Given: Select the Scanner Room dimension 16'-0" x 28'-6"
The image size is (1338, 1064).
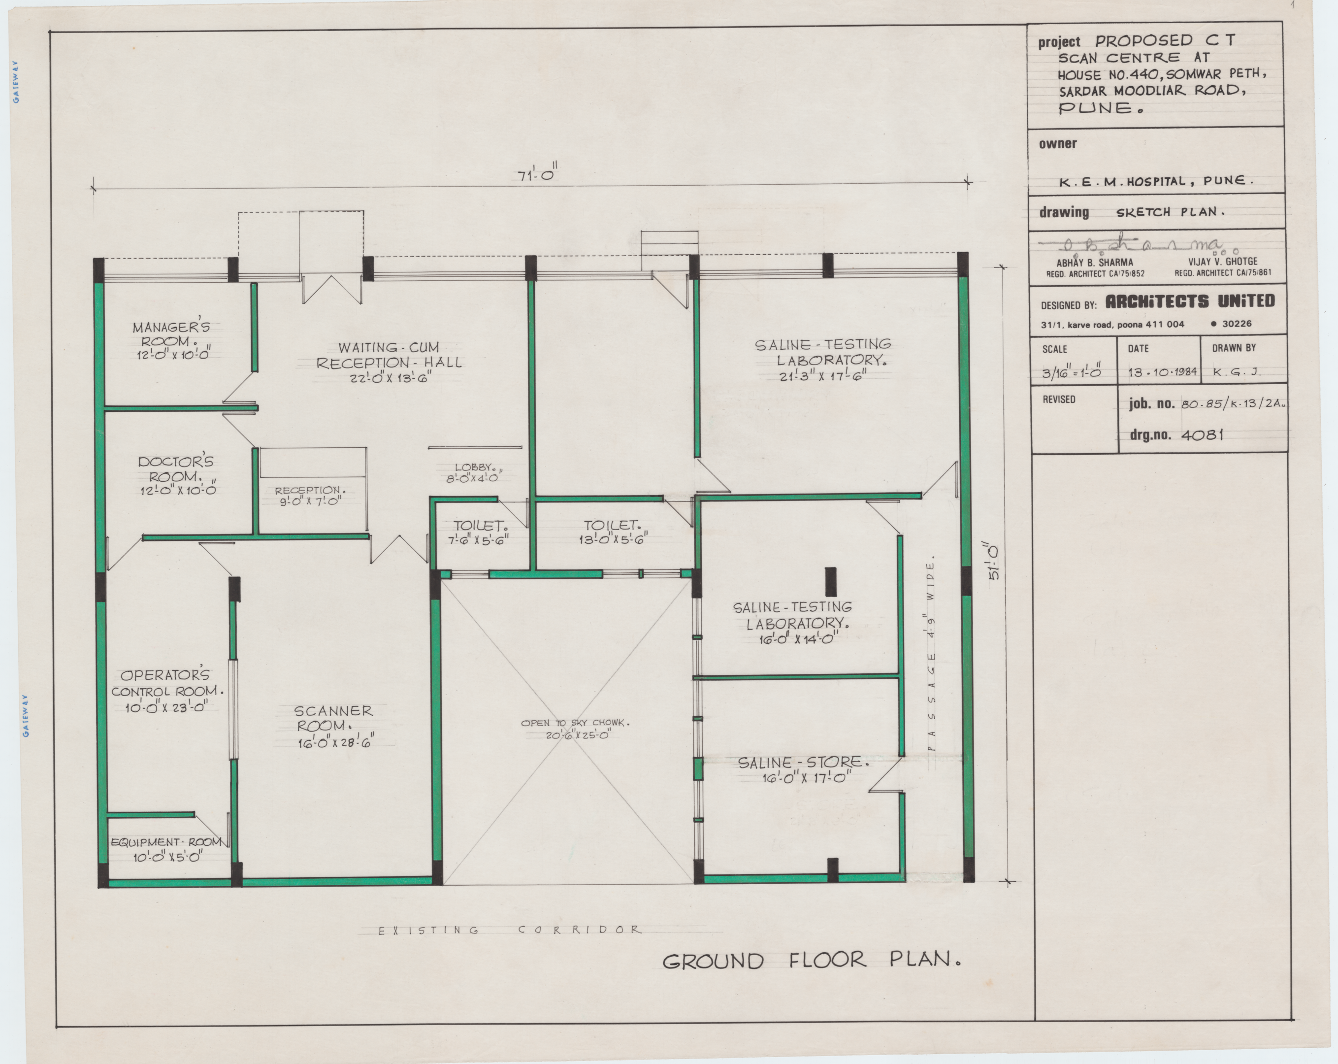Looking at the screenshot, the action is click(336, 741).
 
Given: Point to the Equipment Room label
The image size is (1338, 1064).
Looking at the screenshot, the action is click(166, 842).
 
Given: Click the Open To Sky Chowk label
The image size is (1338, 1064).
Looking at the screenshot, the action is click(575, 723).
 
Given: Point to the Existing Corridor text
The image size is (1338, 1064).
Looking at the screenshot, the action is click(508, 930).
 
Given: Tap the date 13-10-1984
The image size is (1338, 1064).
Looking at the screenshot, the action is click(1162, 372).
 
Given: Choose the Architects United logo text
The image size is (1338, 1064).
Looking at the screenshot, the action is click(1190, 301).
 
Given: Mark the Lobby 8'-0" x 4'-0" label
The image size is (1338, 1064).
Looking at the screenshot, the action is click(474, 472).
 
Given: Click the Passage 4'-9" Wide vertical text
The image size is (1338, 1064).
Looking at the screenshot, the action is click(931, 658).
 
